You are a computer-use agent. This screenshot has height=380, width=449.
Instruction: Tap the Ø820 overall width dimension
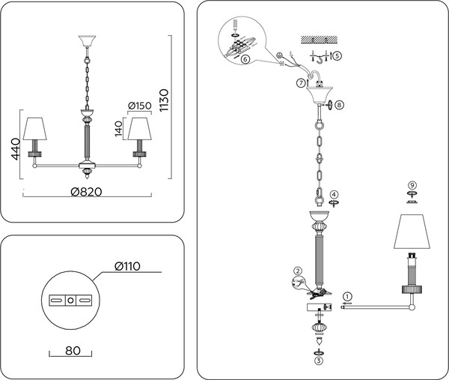click(x=86, y=192)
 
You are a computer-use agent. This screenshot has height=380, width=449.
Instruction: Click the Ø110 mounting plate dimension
click(x=128, y=266)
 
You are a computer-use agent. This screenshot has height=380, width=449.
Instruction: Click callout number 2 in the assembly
click(x=298, y=271)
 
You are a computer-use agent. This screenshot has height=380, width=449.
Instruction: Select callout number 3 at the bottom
click(x=318, y=361)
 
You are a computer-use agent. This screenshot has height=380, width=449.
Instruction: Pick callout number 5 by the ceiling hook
click(x=337, y=56)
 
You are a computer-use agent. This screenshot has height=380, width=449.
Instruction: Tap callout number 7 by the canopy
click(x=300, y=82)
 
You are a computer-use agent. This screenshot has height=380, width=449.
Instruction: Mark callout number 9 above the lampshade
click(x=412, y=184)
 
